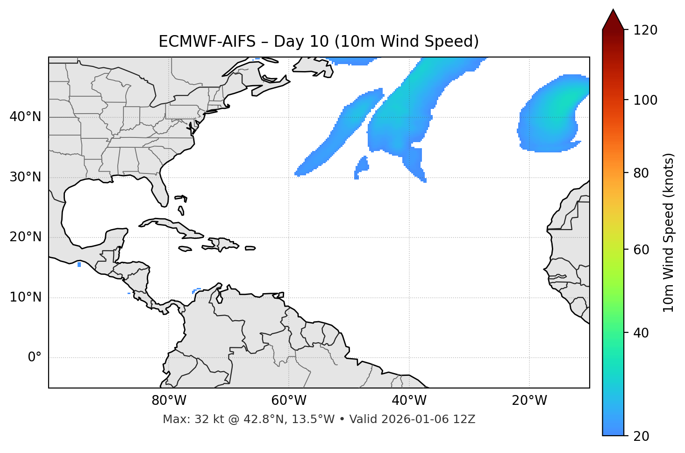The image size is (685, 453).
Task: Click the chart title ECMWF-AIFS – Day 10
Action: pos(319,42)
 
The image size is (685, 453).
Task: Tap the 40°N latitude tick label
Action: pos(25,117)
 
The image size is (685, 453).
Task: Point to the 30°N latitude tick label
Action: pos(25,177)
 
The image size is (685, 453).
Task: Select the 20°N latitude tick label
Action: pos(25,237)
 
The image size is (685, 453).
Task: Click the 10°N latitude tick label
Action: pos(25,297)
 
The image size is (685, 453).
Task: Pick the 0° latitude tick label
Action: pos(34,358)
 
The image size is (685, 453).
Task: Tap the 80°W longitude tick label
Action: pos(169,401)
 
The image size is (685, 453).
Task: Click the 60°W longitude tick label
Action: pos(289,401)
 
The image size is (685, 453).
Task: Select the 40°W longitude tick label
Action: pos(409,401)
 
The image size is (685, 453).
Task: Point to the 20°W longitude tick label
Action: pos(529,401)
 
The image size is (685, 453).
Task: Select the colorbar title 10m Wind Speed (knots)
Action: pos(669,232)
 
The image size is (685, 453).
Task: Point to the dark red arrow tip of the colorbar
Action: pos(613,18)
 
